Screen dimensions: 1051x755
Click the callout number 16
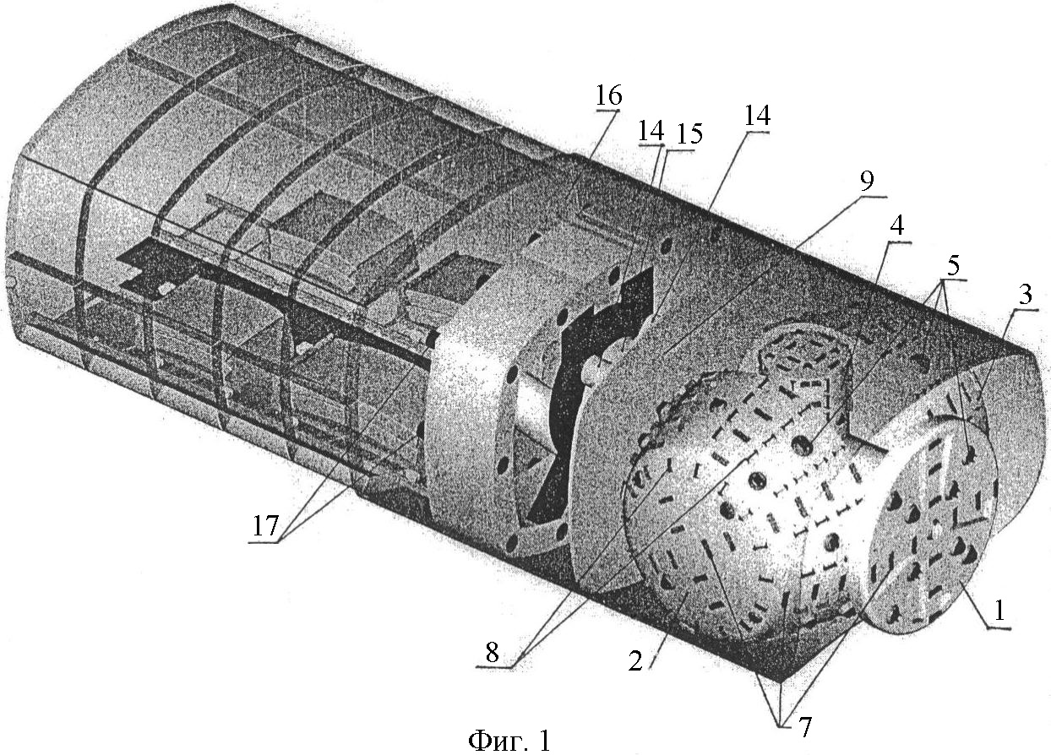click(x=609, y=95)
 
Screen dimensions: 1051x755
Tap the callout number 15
click(x=690, y=133)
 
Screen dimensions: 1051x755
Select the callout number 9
click(x=866, y=181)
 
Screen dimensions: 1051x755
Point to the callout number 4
click(x=896, y=227)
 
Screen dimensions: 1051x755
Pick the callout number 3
click(x=1025, y=295)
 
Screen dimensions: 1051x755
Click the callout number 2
click(x=635, y=661)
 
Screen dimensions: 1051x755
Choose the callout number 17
click(x=266, y=526)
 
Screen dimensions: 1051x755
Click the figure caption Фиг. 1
click(x=509, y=741)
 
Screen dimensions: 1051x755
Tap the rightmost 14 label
click(x=757, y=116)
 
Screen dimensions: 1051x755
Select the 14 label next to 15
click(x=651, y=131)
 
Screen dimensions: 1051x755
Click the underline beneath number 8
click(x=493, y=665)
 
